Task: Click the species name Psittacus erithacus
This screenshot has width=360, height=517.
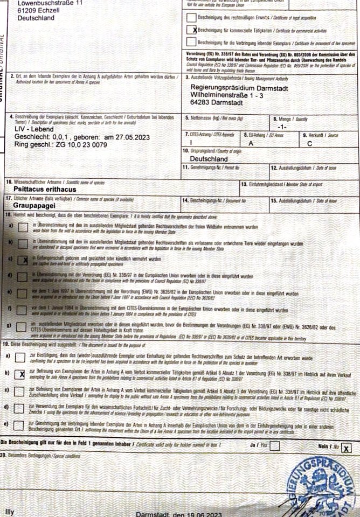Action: pos(45,189)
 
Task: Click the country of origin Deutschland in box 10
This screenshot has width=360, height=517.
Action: pos(209,159)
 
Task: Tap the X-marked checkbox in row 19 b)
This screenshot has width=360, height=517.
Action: pos(20,374)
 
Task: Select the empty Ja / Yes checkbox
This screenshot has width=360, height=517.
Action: pos(275,445)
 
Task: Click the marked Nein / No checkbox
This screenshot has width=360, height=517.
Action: pos(346,448)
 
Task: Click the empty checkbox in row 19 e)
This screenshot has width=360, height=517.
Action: pos(20,425)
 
